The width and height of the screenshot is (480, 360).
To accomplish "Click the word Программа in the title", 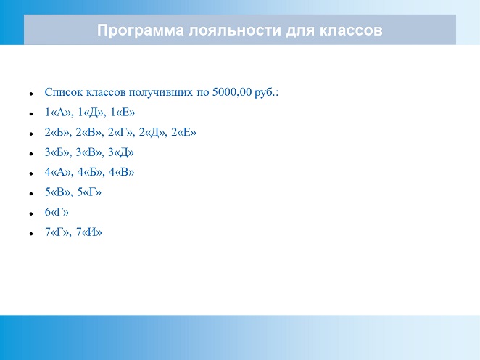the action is coord(141,30).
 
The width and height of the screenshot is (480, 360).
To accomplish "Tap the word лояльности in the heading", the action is coord(234,30).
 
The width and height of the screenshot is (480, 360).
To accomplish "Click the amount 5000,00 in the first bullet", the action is coord(232,91).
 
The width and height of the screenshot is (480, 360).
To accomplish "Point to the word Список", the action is coord(64,92).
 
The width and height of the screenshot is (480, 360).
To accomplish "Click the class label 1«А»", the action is coord(57,112).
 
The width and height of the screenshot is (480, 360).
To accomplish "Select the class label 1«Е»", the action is coord(123,112).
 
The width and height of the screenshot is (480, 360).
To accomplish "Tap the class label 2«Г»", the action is coord(120,132).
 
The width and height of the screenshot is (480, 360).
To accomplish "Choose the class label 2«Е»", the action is coord(183,132).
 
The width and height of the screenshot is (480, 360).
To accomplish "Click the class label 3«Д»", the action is coord(121,152).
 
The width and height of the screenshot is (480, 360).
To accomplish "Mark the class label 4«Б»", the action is coord(90,172).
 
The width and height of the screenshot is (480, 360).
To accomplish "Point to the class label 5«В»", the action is coord(57,192).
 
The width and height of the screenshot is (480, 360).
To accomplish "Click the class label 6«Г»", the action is coord(57,212).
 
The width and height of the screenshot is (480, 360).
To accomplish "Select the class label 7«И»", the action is coord(88,232).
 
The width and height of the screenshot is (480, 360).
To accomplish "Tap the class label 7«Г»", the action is coord(57,232).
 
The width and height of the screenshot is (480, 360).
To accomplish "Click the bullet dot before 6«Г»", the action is coord(31,213).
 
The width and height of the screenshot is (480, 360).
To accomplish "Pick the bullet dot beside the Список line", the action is coord(31,94).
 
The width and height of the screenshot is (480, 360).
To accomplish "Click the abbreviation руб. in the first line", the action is coord(265,92).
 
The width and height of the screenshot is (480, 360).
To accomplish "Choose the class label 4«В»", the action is coord(122,172).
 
